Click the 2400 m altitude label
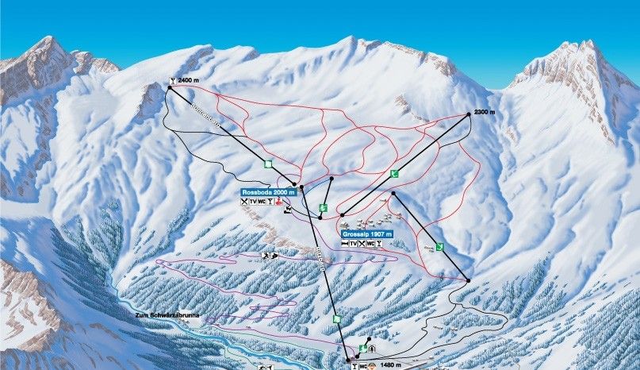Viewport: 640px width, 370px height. coord(189,80)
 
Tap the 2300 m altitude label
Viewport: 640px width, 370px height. coord(484,112)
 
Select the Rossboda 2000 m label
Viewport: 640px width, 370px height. coord(270,192)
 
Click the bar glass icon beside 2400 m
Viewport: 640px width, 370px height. coord(172,80)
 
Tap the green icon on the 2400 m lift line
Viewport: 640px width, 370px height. coord(268,164)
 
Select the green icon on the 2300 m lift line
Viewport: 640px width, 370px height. coord(394,173)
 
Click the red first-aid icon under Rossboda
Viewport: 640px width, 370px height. coord(279,202)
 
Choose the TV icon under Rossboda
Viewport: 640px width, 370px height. coord(253,202)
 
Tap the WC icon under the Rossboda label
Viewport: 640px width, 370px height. coord(262,202)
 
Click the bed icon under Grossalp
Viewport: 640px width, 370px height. coord(344,244)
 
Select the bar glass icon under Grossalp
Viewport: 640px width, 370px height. coord(379,244)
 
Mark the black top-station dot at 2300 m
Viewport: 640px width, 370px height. coord(467,114)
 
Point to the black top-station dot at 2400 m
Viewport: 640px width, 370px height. coord(169,88)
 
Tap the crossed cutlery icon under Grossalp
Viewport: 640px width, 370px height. coord(362,244)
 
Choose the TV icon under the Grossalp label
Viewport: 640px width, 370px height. coord(353,244)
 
